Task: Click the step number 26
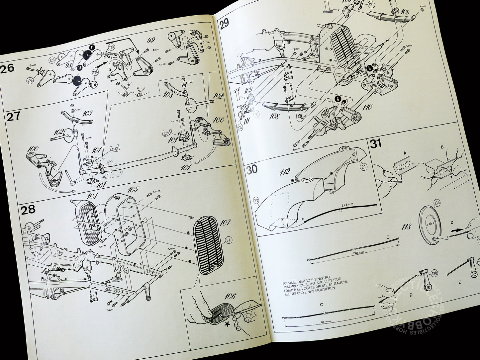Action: click(x=7, y=68)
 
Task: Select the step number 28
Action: click(x=27, y=210)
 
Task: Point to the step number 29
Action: click(x=224, y=24)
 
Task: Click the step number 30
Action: click(x=252, y=169)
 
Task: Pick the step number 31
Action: click(x=375, y=144)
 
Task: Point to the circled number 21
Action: click(x=364, y=167)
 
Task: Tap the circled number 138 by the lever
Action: click(x=434, y=274)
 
